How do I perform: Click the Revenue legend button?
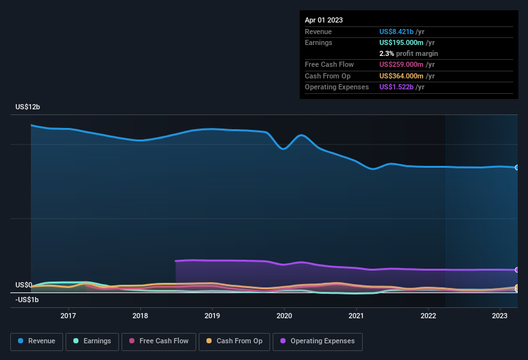37,341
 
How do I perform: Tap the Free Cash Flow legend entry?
158,341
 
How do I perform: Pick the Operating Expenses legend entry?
318,341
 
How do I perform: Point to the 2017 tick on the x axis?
68,316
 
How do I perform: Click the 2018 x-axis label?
140,316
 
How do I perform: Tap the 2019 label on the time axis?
212,316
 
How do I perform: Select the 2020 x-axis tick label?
284,316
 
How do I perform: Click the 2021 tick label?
356,316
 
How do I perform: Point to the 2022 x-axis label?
428,316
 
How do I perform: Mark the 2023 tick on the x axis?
500,316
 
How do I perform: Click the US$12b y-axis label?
28,107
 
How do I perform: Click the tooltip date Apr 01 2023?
323,20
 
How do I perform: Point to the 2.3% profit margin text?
408,53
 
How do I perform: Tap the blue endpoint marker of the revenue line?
517,168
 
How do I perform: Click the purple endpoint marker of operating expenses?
517,270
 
